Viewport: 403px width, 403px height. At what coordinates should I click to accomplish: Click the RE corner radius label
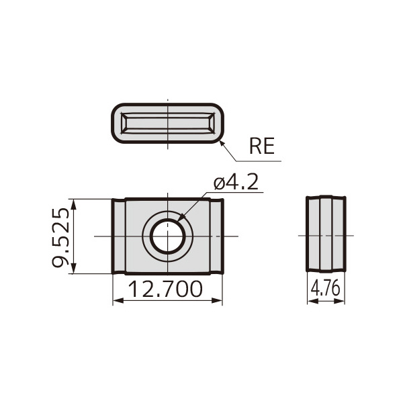pos(262,146)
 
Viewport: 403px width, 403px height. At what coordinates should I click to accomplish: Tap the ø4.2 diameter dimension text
pos(236,183)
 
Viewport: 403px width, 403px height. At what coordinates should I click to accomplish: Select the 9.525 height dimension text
pos(61,236)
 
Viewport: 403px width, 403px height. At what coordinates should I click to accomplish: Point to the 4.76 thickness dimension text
pos(326,289)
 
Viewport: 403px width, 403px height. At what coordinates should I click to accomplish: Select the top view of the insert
pos(167,124)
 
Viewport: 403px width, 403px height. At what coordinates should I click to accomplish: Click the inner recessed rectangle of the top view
pos(167,124)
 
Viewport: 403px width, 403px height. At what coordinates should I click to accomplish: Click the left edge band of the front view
pos(118,236)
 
